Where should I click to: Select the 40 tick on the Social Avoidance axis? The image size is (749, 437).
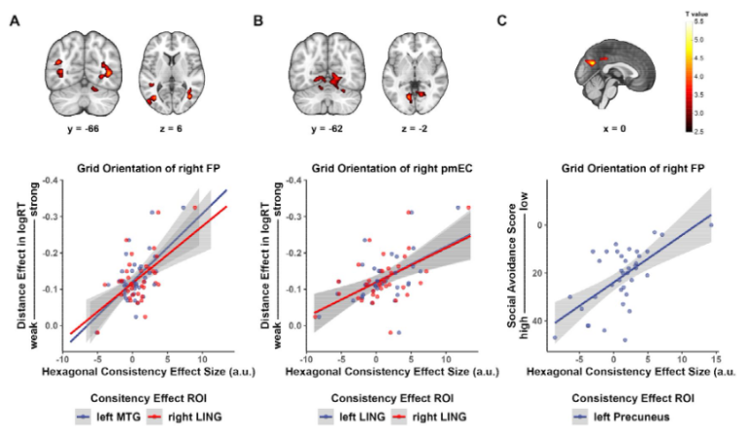[x=534, y=318]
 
